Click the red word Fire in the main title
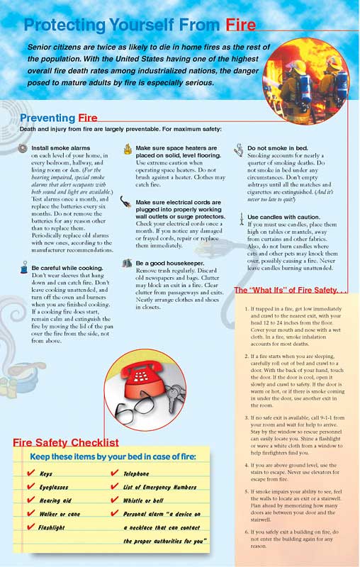point(241,26)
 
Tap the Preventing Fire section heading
point(58,118)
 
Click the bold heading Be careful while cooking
point(69,268)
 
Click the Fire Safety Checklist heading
point(65,443)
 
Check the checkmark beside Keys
point(30,473)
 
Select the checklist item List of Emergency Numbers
point(159,487)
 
